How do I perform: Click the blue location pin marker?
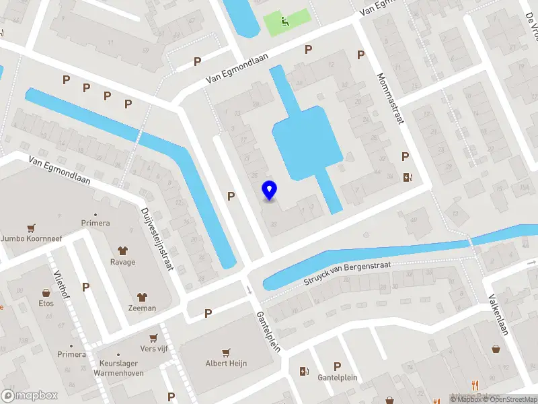pyautogui.click(x=269, y=190)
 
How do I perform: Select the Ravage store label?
pyautogui.click(x=123, y=262)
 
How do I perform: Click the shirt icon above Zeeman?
pyautogui.click(x=142, y=296)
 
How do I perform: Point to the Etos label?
pyautogui.click(x=46, y=303)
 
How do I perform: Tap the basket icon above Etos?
pyautogui.click(x=46, y=293)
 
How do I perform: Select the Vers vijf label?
pyautogui.click(x=153, y=348)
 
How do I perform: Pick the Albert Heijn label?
pyautogui.click(x=226, y=363)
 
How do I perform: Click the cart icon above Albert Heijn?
pyautogui.click(x=226, y=351)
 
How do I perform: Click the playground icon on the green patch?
pyautogui.click(x=286, y=21)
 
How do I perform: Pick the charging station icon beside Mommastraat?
pyautogui.click(x=407, y=178)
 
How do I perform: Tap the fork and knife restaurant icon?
pyautogui.click(x=475, y=385)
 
